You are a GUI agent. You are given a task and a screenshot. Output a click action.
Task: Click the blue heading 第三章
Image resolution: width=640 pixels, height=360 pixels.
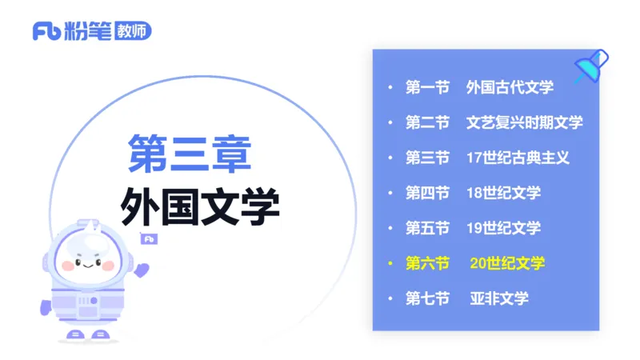pos(190,153)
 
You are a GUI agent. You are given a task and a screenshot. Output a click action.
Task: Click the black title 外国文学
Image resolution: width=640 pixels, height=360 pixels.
pos(200,207)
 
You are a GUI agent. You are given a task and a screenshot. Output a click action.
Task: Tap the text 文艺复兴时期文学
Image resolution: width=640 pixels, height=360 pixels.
pos(524,122)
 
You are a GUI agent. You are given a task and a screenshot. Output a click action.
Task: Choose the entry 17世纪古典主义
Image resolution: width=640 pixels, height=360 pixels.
pos(518,158)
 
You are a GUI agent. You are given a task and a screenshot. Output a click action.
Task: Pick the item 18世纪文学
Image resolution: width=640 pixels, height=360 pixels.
pos(503,193)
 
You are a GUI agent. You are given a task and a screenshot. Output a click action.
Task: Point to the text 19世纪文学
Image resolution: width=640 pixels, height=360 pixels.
pos(503,228)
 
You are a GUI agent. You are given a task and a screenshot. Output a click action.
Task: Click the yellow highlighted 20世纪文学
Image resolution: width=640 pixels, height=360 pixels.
pos(507,263)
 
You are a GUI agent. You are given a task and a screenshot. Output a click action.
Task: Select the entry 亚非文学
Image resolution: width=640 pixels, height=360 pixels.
pos(499,298)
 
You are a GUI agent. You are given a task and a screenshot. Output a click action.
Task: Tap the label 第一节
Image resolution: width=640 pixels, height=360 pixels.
pos(427,87)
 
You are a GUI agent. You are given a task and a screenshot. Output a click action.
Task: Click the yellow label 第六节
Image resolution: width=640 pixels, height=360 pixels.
pos(427,263)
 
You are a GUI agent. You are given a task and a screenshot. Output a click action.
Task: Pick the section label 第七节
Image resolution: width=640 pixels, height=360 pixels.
pos(427,298)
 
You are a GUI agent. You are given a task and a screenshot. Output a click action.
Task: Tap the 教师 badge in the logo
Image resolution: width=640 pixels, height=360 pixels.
pos(133,30)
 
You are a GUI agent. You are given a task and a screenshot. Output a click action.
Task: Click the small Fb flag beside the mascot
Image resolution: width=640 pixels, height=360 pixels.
pos(149,239)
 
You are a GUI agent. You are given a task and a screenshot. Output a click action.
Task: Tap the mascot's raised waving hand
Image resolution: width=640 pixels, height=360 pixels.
pos(142,270)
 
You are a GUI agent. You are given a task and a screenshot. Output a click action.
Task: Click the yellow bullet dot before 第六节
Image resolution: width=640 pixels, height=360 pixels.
pos(390,263)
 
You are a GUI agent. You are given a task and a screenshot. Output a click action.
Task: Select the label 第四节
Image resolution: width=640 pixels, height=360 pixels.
pos(427,193)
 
